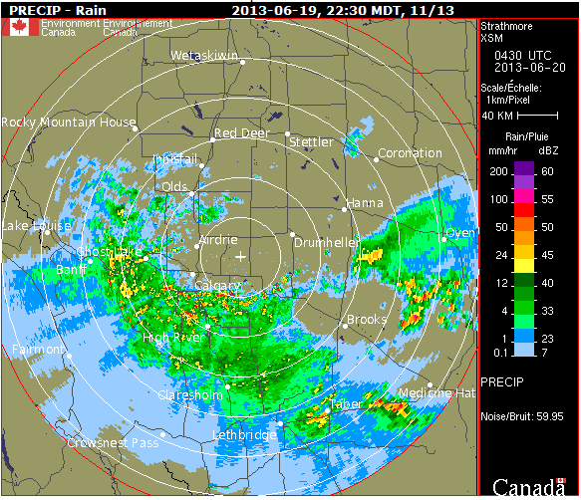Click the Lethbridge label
244,435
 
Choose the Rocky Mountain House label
68,123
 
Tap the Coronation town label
410,153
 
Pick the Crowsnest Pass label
113,442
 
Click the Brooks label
366,320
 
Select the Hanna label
364,203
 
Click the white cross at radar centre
240,257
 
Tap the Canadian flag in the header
19,27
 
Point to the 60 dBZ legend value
548,171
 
